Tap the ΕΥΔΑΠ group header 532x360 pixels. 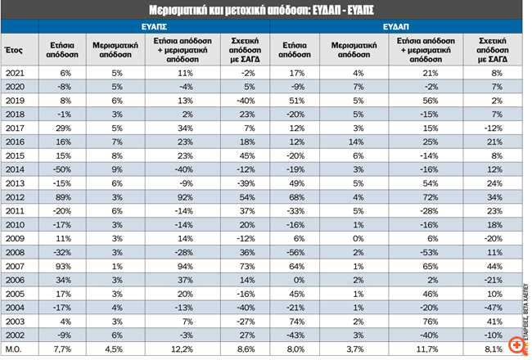tap(396, 26)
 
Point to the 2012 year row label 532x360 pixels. tap(15, 196)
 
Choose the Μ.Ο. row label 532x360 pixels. tap(15, 349)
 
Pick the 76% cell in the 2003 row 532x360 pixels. tap(429, 321)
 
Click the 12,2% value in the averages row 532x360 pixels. tap(185, 349)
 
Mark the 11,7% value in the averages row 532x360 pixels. tap(428, 349)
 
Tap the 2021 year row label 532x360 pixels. tap(15, 73)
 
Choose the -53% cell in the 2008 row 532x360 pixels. tap(429, 252)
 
